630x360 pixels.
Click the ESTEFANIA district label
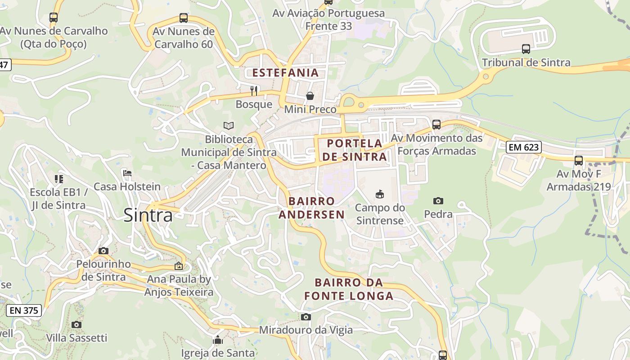click(285, 72)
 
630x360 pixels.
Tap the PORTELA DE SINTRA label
click(354, 150)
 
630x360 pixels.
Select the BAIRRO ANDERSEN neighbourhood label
click(311, 207)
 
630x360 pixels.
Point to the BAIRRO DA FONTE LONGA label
click(349, 289)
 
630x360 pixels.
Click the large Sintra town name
click(148, 216)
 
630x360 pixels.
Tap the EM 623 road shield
click(523, 147)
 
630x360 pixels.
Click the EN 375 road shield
click(24, 310)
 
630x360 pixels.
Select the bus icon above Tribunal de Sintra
click(526, 49)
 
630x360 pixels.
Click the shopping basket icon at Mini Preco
click(310, 95)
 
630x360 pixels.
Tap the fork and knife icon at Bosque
click(254, 91)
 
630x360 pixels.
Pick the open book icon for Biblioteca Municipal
click(229, 126)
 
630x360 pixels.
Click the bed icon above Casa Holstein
click(127, 173)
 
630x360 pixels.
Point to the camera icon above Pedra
click(438, 201)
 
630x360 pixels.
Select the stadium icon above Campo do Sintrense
click(379, 194)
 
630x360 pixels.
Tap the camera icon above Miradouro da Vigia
click(306, 317)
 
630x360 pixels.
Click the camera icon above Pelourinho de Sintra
click(103, 251)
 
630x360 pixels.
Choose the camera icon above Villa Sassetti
click(76, 324)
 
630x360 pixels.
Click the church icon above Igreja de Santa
click(218, 339)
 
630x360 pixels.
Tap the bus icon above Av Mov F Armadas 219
click(579, 160)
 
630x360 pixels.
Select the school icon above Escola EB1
click(58, 179)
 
